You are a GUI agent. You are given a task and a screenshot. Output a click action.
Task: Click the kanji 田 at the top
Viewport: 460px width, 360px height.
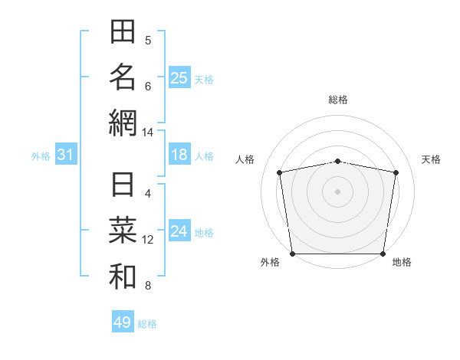click(x=123, y=32)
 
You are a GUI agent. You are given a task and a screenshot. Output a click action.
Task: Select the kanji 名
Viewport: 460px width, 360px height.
click(x=123, y=77)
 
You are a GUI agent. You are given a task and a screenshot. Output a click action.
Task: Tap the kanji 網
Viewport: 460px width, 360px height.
click(x=123, y=123)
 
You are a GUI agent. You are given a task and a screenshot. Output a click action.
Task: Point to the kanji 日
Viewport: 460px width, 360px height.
click(x=123, y=186)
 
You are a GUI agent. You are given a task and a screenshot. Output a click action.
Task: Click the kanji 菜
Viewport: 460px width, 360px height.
click(x=123, y=231)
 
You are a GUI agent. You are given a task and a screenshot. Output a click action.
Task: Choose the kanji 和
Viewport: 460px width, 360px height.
click(x=123, y=277)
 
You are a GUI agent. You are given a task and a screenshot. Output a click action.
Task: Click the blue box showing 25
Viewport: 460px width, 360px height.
click(x=179, y=77)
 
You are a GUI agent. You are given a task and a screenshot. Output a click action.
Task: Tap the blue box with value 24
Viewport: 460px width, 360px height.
click(x=179, y=232)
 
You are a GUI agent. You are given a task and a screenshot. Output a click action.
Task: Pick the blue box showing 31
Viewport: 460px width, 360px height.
click(x=66, y=155)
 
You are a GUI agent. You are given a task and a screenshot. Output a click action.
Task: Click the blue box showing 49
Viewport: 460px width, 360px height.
click(x=123, y=322)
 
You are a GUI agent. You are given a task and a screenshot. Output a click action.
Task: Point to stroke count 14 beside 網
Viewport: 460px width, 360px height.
click(x=148, y=133)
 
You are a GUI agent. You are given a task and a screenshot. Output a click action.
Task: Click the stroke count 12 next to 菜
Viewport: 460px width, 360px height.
click(x=148, y=240)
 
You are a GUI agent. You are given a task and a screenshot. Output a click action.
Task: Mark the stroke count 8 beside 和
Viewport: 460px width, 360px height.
click(x=148, y=286)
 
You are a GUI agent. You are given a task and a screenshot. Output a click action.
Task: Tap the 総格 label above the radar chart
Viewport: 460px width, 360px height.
click(x=338, y=100)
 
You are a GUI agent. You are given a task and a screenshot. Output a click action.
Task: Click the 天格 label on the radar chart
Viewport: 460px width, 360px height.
click(x=432, y=159)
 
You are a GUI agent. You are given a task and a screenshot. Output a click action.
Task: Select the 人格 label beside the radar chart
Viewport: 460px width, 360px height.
click(x=245, y=159)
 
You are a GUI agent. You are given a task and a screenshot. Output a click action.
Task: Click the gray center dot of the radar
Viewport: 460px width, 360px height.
click(x=338, y=191)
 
